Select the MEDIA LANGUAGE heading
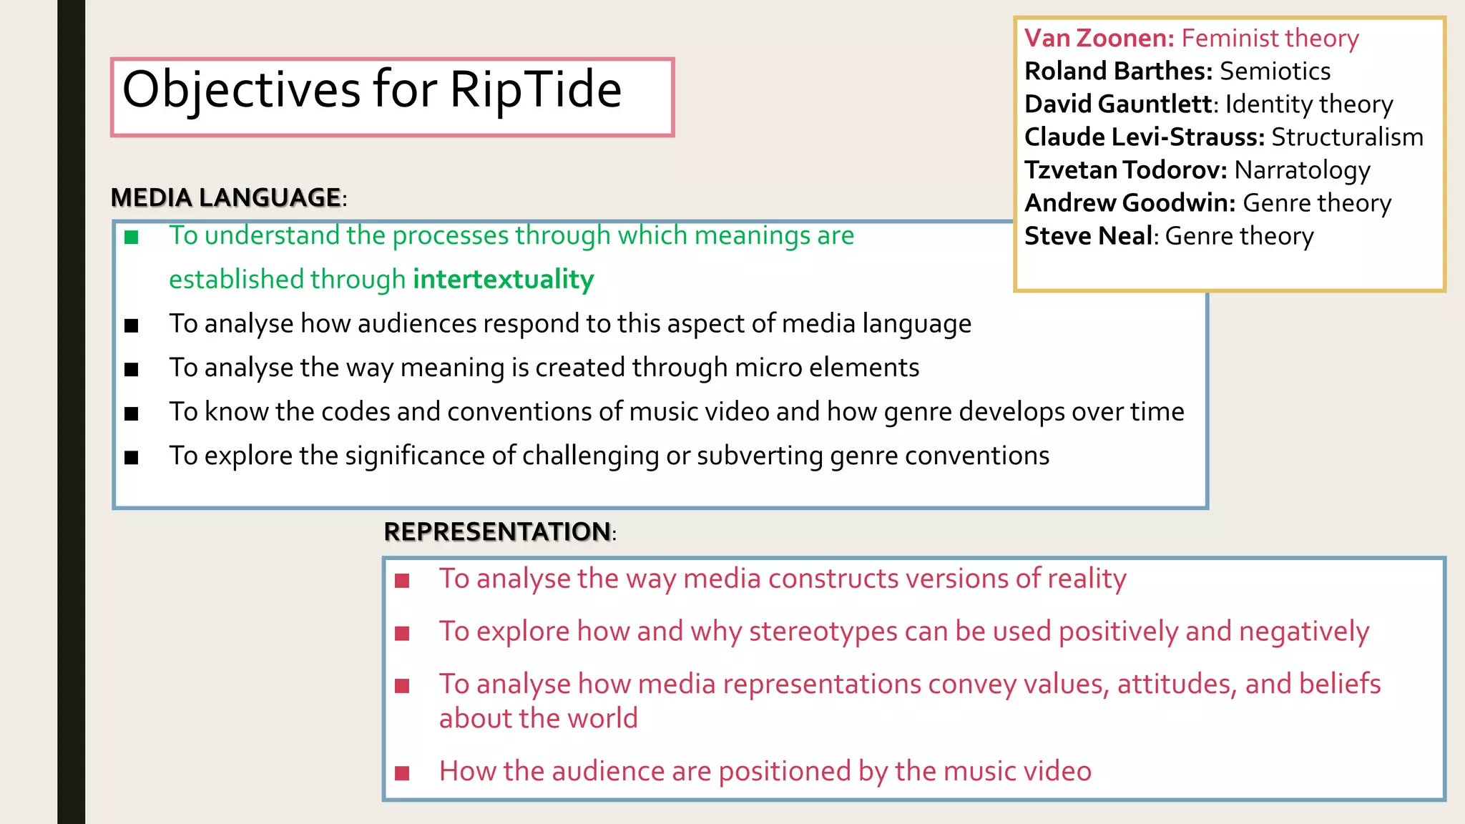226,197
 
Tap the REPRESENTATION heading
497,531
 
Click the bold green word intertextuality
504,279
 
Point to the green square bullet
131,237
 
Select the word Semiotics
1275,71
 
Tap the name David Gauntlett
1119,104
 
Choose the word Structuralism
1347,137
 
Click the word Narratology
1302,170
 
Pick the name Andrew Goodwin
1129,203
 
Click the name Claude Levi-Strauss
1143,137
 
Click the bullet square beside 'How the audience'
402,772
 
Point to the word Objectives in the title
241,90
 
